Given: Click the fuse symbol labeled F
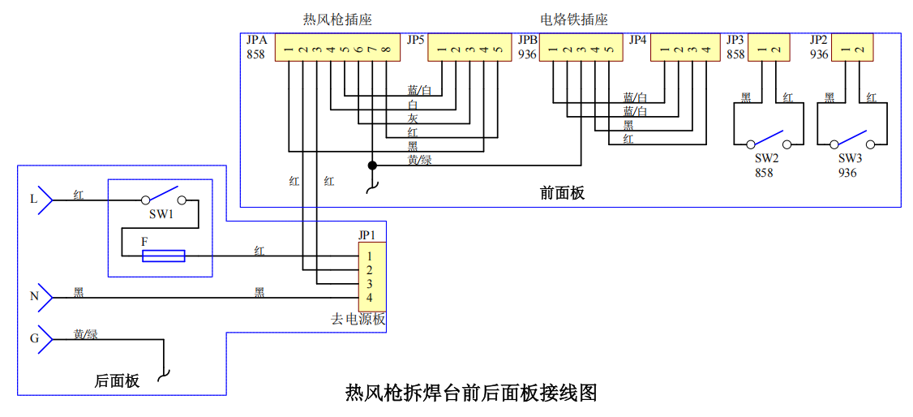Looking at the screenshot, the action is coord(164,256).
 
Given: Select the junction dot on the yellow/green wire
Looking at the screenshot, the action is coord(373,166).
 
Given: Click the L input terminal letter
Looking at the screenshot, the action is coord(33,200).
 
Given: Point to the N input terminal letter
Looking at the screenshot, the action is coord(34,297).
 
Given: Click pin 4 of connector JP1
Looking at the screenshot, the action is coord(369,299).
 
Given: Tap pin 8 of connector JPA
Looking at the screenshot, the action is coord(386,50).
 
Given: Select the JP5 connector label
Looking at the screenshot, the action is coord(415,41).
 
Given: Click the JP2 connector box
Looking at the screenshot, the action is coord(852,47).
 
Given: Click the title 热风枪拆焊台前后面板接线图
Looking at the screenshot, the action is coord(471,392).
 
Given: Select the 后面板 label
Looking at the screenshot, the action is coord(117,381).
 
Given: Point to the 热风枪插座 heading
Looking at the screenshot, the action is coord(338,20).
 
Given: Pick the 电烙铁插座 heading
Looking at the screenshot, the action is coord(574,20).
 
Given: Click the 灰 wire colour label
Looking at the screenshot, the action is coord(412,118).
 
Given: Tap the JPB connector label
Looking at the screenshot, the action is coord(529,41).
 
